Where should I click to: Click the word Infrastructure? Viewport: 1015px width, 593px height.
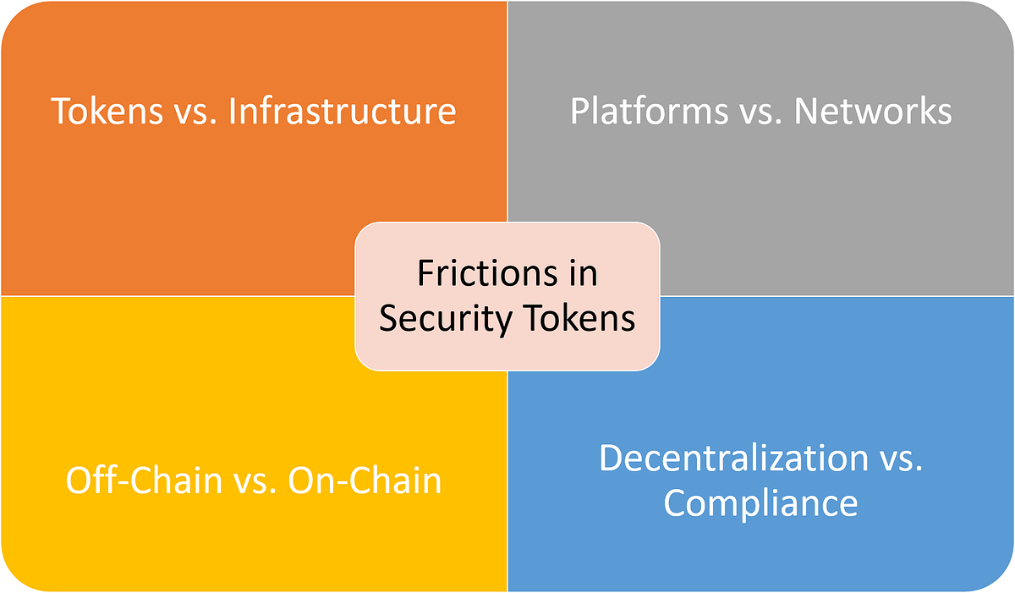[x=342, y=111]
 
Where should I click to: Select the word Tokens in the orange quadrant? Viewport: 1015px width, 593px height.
[x=107, y=111]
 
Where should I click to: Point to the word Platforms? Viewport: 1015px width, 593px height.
[x=649, y=111]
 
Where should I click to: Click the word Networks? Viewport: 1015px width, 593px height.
[x=873, y=111]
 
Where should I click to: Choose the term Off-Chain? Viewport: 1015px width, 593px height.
[x=144, y=480]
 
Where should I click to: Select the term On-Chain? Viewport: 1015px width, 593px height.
[x=365, y=480]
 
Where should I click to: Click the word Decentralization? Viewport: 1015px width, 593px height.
[x=733, y=458]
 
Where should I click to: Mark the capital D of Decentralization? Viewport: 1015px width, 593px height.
[x=612, y=458]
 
